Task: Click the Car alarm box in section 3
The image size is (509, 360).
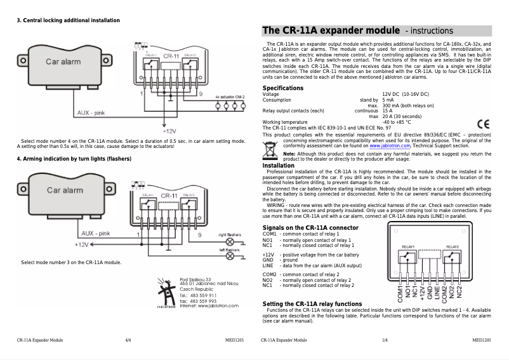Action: pyautogui.click(x=63, y=62)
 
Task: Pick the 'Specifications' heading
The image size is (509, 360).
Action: pyautogui.click(x=283, y=88)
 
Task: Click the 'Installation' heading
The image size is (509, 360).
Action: pyautogui.click(x=279, y=165)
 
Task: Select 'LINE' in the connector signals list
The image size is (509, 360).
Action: pyautogui.click(x=268, y=265)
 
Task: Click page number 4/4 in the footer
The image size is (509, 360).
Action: pyautogui.click(x=128, y=341)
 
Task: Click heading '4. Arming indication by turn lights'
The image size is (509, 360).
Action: pyautogui.click(x=74, y=158)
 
